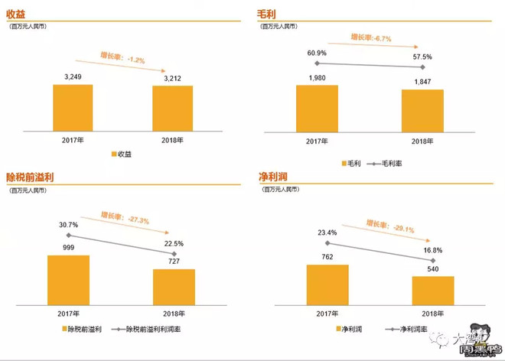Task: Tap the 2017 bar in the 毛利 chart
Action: pyautogui.click(x=317, y=108)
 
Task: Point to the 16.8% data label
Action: pyautogui.click(x=432, y=250)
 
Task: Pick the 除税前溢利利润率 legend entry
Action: pyautogui.click(x=151, y=329)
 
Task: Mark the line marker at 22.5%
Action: pyautogui.click(x=174, y=254)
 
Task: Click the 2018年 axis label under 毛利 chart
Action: pyautogui.click(x=422, y=141)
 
